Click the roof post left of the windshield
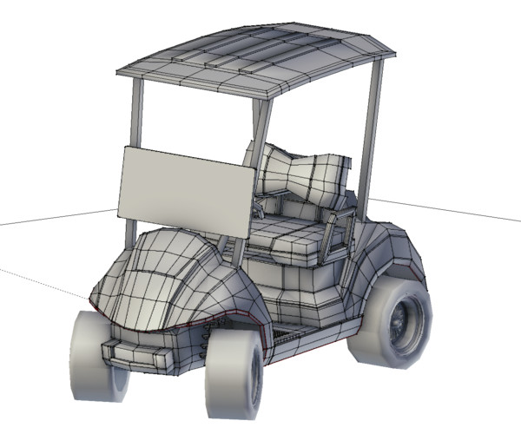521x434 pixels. (137, 113)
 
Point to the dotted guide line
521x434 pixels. (43, 283)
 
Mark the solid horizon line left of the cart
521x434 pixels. (52, 219)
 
